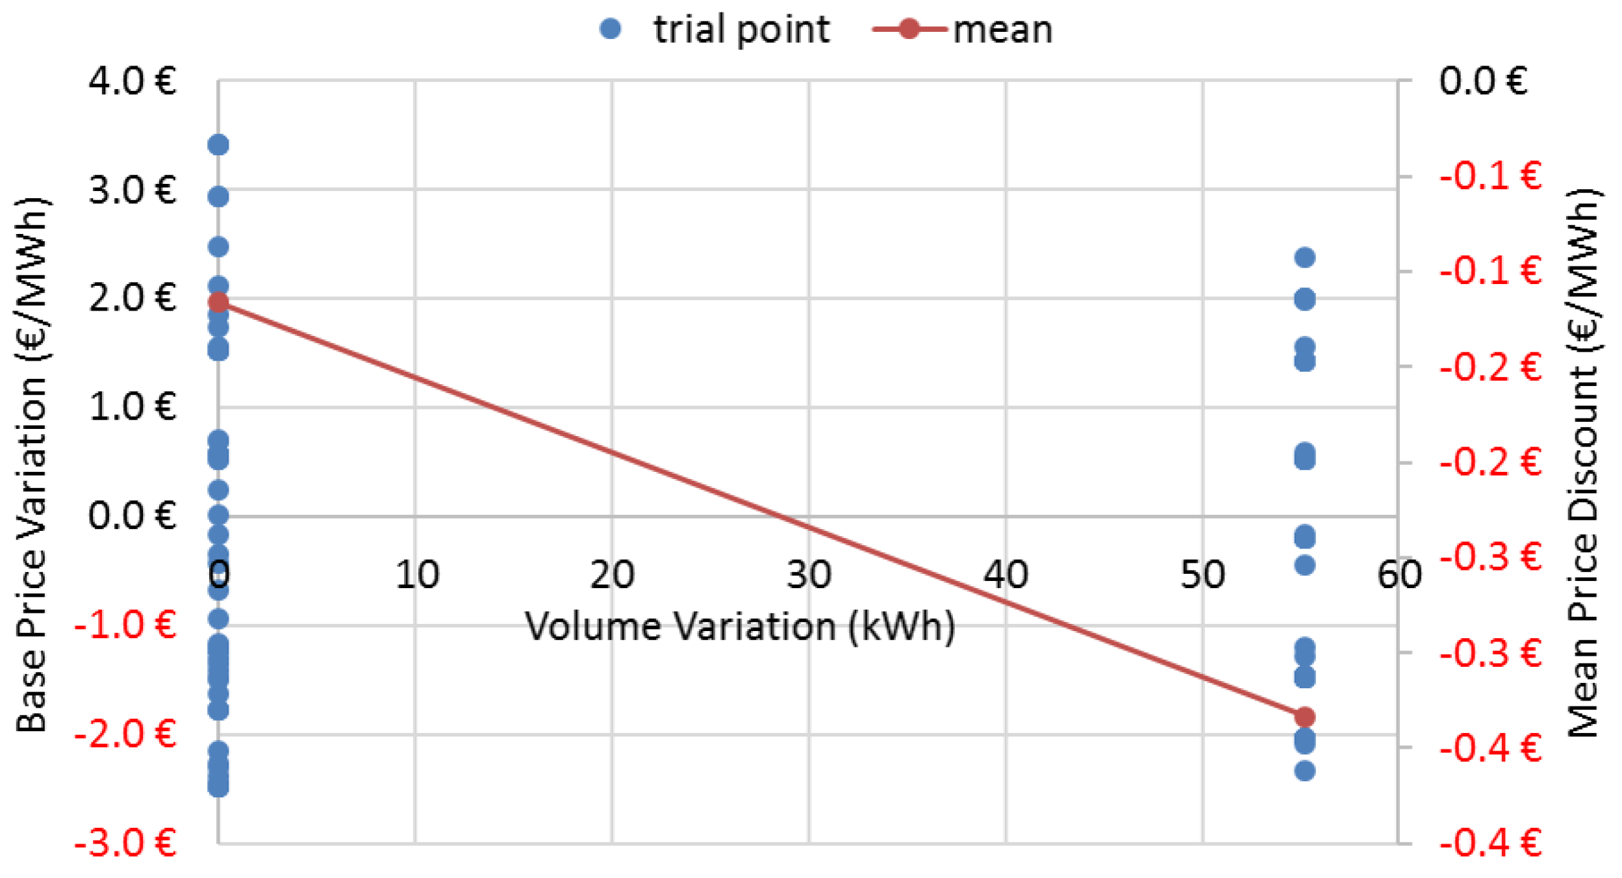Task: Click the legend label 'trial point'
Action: click(741, 30)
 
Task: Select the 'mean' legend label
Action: click(1002, 30)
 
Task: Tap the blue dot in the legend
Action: click(610, 29)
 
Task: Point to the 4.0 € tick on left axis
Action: click(133, 82)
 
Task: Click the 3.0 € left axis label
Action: click(133, 190)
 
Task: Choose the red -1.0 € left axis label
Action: click(125, 625)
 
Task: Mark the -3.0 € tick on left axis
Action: click(125, 844)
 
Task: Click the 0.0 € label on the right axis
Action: click(1483, 82)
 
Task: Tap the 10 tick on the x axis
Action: click(416, 575)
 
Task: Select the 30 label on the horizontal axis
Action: click(809, 575)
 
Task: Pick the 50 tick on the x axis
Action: click(1202, 575)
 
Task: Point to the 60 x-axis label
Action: click(1399, 575)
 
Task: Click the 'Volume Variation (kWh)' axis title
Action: click(740, 626)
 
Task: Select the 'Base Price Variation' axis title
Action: click(31, 464)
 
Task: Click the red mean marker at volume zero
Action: click(218, 302)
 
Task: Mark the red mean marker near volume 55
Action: click(1305, 717)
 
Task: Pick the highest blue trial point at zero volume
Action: click(218, 144)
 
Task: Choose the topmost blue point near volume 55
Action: click(1305, 257)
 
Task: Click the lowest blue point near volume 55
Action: click(1305, 771)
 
